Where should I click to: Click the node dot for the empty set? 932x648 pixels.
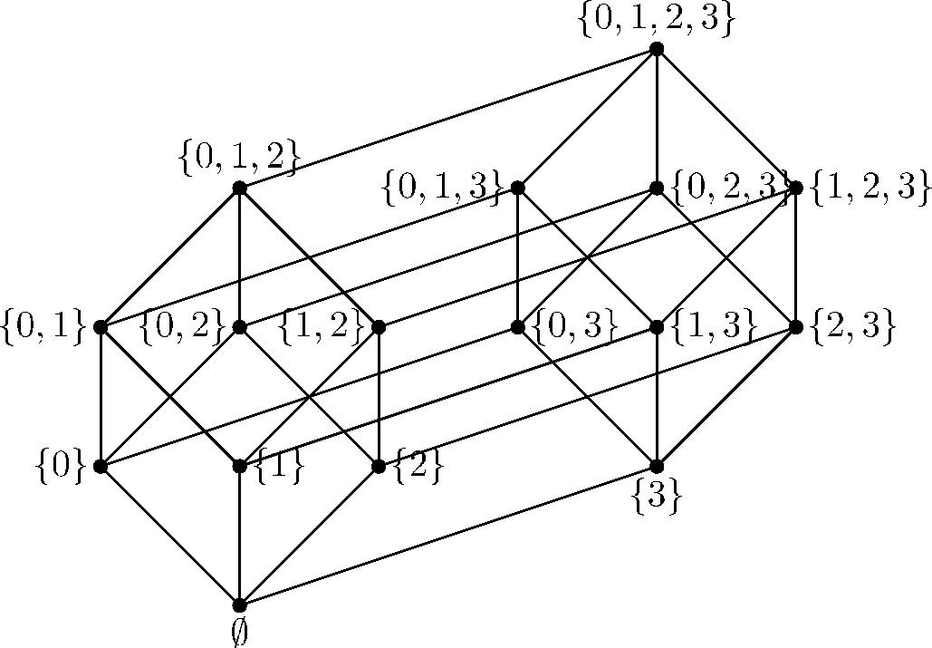tap(240, 605)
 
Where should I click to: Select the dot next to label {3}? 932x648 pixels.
tap(657, 466)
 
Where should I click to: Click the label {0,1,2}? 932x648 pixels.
tap(240, 160)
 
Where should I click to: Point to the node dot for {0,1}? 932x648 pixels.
tap(101, 327)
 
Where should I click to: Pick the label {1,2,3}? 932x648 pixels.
tap(870, 189)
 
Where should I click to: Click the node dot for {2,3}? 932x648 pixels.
tap(796, 327)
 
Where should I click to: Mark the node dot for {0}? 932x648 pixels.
tap(101, 466)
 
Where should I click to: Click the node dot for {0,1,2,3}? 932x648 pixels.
tap(657, 49)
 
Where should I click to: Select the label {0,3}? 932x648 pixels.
tap(568, 327)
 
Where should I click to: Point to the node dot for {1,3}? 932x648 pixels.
tap(657, 327)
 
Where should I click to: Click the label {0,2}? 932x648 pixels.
tap(182, 327)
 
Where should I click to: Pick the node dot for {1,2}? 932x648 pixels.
tap(379, 327)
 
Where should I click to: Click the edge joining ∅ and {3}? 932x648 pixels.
tap(448, 536)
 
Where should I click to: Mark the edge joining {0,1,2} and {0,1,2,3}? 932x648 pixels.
tap(448, 119)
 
